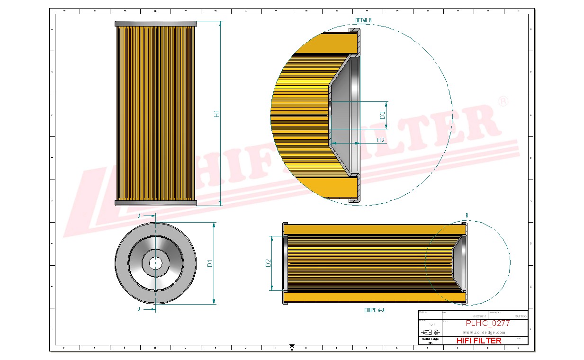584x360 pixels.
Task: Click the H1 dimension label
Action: click(217, 114)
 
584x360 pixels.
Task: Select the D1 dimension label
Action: click(210, 263)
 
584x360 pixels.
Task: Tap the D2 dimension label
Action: click(268, 263)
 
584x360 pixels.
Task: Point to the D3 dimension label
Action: click(382, 115)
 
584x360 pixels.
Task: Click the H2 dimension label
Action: click(380, 140)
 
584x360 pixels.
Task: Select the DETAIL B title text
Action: click(363, 20)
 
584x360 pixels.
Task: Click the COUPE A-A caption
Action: click(374, 310)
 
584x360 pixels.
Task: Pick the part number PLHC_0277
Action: click(488, 324)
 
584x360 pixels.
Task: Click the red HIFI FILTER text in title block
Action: click(478, 341)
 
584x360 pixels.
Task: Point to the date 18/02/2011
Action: click(479, 316)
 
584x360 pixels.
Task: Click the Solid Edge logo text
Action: click(430, 339)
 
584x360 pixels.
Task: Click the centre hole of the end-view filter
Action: click(155, 263)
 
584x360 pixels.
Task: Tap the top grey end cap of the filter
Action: click(155, 24)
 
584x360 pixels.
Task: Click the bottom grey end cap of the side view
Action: click(155, 203)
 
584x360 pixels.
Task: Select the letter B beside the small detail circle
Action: click(467, 216)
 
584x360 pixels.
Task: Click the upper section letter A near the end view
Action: click(139, 216)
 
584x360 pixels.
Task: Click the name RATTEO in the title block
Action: click(520, 316)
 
